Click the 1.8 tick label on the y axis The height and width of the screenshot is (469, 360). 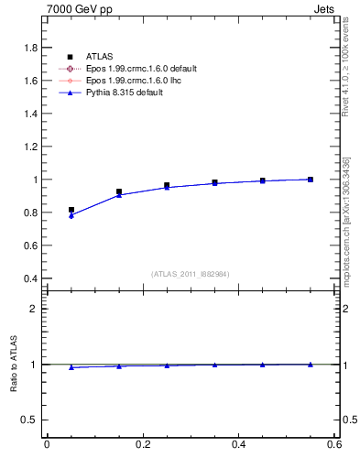pyautogui.click(x=29, y=48)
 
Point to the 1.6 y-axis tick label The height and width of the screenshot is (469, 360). pyautogui.click(x=29, y=81)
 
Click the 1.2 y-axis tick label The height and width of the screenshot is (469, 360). pyautogui.click(x=29, y=147)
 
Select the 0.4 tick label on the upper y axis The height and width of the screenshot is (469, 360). pyautogui.click(x=29, y=278)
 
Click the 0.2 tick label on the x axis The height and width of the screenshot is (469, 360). pyautogui.click(x=142, y=445)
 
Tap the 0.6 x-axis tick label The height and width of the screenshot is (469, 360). pyautogui.click(x=334, y=445)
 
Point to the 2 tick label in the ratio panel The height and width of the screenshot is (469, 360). pyautogui.click(x=34, y=309)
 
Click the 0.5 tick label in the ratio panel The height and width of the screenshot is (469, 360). pyautogui.click(x=29, y=420)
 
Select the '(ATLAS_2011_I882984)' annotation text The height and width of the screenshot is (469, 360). pyautogui.click(x=190, y=274)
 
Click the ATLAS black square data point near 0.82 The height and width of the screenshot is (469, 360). pyautogui.click(x=71, y=210)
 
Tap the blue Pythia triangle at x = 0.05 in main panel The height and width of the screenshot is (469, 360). pyautogui.click(x=71, y=215)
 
